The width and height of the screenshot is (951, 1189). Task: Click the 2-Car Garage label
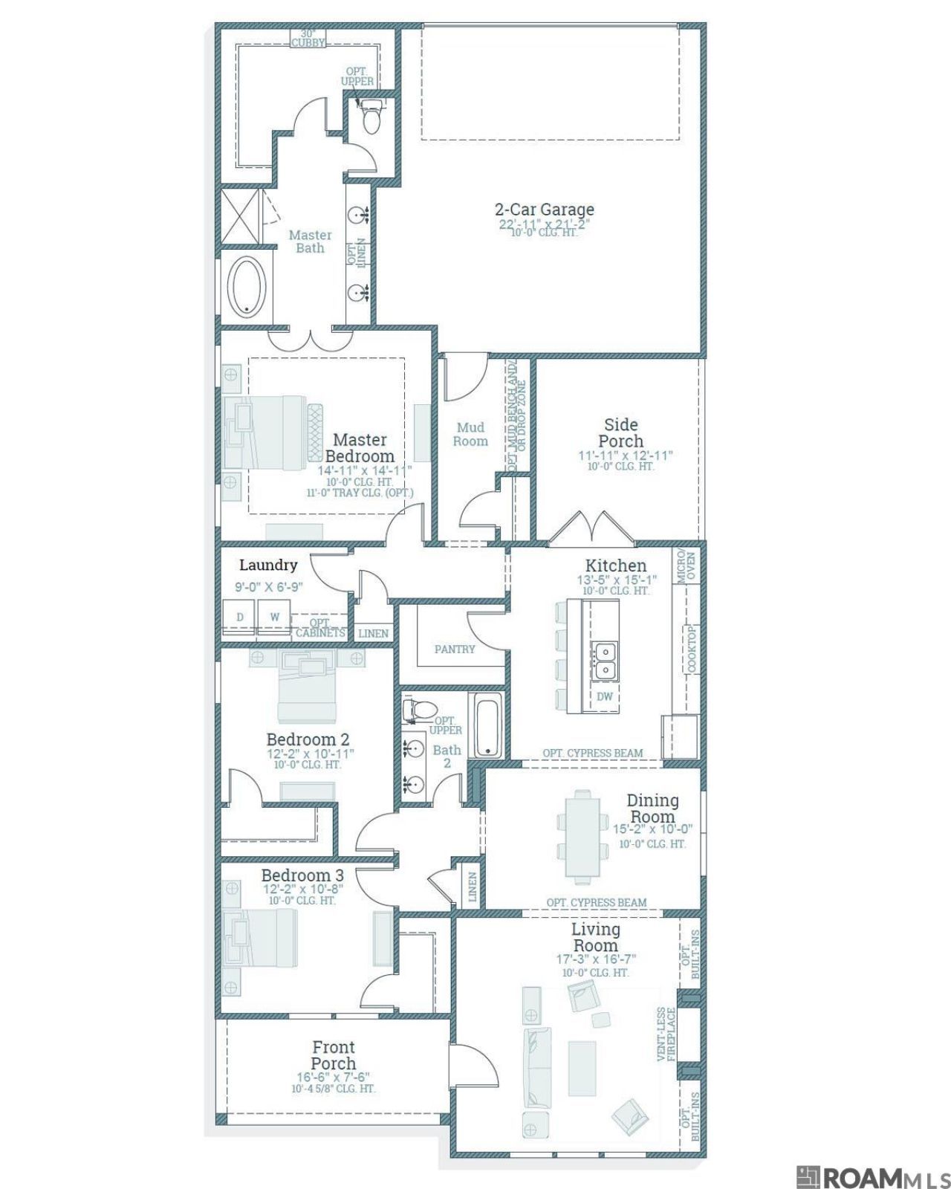544,210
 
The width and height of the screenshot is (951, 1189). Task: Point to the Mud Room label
470,434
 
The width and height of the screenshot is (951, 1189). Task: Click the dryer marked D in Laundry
239,617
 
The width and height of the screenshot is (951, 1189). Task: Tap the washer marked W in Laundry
274,617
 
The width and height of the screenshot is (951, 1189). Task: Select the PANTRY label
454,649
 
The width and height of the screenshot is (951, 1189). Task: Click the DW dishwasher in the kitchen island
605,697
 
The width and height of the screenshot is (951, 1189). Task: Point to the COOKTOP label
692,649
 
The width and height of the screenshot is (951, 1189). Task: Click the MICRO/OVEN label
686,565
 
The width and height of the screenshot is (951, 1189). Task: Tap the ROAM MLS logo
873,1174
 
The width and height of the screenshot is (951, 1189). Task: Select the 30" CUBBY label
308,38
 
